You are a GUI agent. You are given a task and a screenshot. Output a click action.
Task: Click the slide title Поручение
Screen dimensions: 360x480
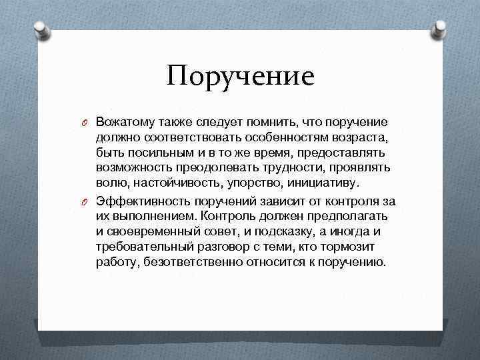click(x=241, y=75)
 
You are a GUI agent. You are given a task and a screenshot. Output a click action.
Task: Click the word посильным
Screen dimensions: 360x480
click(x=147, y=153)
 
